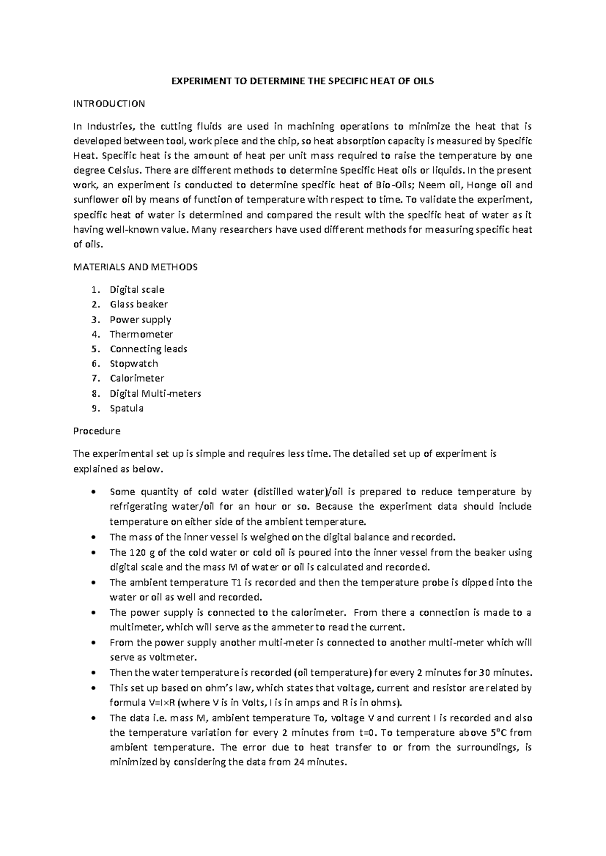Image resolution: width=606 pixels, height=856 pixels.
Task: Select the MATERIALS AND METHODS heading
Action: tap(135, 267)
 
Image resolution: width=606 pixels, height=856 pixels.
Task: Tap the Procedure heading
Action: tap(97, 431)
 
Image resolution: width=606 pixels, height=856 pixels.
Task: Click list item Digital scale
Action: tap(137, 290)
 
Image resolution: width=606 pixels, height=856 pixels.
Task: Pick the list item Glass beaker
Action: tap(139, 304)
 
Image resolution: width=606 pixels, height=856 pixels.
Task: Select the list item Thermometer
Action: tap(141, 334)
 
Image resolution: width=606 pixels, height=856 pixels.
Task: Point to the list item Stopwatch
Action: tap(134, 363)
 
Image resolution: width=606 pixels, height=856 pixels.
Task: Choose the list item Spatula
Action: tap(126, 408)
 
